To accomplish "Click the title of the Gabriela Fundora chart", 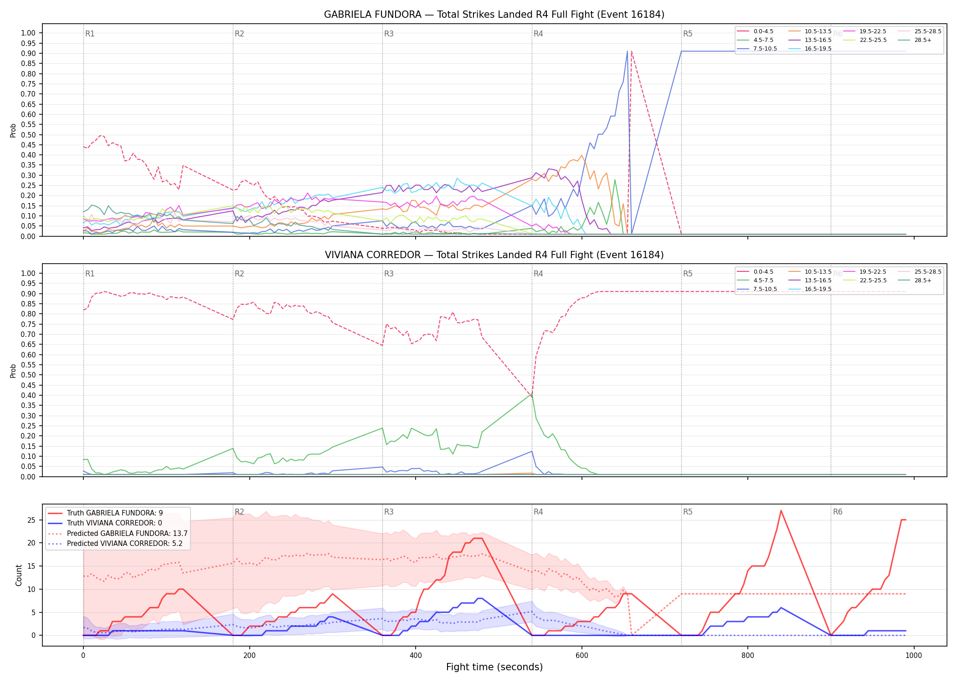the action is pyautogui.click(x=494, y=15).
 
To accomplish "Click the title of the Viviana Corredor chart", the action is pyautogui.click(x=494, y=255).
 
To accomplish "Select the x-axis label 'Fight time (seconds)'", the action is pyautogui.click(x=494, y=667).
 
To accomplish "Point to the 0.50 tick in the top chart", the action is pyautogui.click(x=28, y=135).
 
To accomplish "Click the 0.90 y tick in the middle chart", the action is pyautogui.click(x=28, y=294).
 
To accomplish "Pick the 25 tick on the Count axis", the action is pyautogui.click(x=31, y=520).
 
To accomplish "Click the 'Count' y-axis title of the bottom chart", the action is pyautogui.click(x=19, y=575).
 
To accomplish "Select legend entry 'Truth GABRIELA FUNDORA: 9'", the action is pyautogui.click(x=115, y=513).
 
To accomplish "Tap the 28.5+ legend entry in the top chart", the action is pyautogui.click(x=923, y=40).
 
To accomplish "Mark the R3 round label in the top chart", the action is pyautogui.click(x=389, y=34).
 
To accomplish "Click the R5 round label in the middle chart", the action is pyautogui.click(x=688, y=274).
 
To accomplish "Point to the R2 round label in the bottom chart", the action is pyautogui.click(x=239, y=512).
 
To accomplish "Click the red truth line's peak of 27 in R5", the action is pyautogui.click(x=781, y=511).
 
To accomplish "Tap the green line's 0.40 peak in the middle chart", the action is pyautogui.click(x=531, y=394).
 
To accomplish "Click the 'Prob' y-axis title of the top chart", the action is pyautogui.click(x=13, y=131).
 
